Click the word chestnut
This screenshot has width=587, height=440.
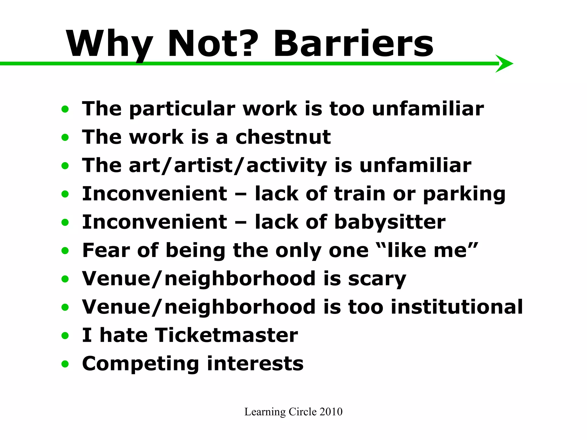(x=283, y=137)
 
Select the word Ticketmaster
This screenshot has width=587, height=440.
(x=226, y=335)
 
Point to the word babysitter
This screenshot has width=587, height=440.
(x=390, y=222)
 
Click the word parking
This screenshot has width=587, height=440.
(x=464, y=194)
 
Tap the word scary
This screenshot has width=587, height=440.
(x=377, y=279)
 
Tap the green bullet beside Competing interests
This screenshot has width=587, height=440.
(x=65, y=364)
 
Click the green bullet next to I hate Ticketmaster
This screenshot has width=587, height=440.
(x=65, y=335)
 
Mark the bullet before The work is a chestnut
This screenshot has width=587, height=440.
(x=65, y=137)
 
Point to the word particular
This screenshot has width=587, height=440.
(x=182, y=109)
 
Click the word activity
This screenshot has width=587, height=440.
(x=286, y=166)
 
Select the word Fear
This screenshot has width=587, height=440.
(x=106, y=250)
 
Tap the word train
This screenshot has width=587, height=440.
(x=359, y=194)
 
